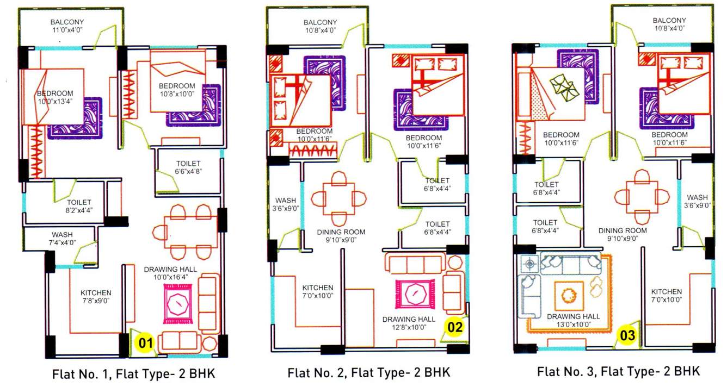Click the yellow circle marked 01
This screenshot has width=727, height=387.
[x=145, y=343]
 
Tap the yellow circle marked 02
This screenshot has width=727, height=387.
[x=455, y=327]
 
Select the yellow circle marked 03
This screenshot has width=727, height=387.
[x=627, y=335]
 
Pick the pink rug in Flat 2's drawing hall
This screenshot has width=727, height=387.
[x=415, y=294]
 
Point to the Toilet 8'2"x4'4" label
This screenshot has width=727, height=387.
[x=79, y=207]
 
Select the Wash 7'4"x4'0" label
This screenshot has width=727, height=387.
[x=63, y=239]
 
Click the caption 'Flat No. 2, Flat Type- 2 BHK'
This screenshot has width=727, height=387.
[x=369, y=373]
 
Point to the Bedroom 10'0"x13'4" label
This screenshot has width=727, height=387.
[x=55, y=97]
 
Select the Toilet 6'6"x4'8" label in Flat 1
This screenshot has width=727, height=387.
[x=188, y=167]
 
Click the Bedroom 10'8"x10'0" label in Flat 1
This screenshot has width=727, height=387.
[x=177, y=90]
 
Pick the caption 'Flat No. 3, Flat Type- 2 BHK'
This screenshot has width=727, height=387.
[x=618, y=372]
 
